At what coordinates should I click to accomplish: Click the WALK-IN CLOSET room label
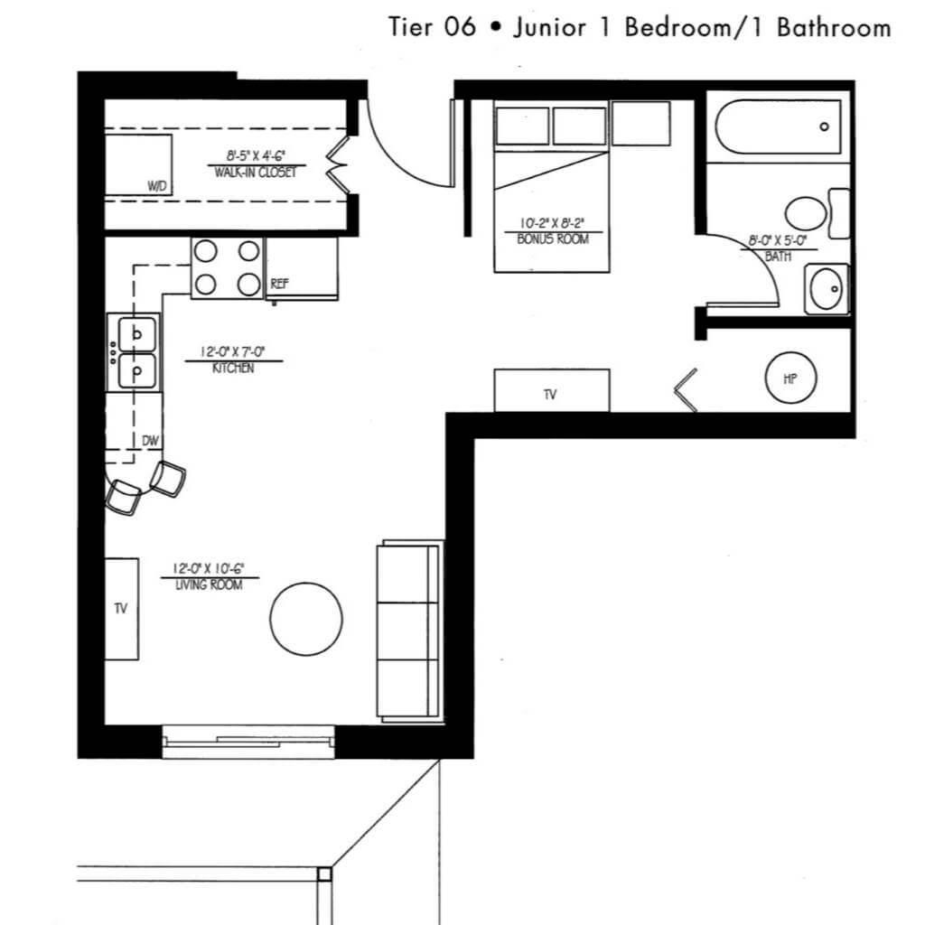pos(255,173)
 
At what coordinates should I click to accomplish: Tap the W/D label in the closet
pos(157,186)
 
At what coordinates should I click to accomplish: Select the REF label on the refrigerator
pos(280,284)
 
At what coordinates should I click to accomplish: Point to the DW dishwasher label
pos(151,441)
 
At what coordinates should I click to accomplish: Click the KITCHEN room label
pos(233,369)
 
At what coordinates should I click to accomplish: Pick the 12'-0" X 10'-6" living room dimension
pos(209,569)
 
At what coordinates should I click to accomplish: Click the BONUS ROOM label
pos(553,238)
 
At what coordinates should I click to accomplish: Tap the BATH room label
pos(778,257)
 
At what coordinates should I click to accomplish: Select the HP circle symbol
pos(790,378)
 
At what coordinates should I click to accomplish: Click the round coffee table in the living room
pos(306,619)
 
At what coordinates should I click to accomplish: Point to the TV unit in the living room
pos(122,609)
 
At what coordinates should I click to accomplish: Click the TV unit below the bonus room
pos(552,390)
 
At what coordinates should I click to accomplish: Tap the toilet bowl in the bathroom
pos(806,213)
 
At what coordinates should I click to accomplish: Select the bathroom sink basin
pos(826,289)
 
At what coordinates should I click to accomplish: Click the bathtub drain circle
pos(824,126)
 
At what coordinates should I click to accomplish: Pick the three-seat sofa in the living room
pos(410,631)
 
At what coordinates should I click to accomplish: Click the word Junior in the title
pos(550,28)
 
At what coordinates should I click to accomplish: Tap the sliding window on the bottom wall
pos(248,742)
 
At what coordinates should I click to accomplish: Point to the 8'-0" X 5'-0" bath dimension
pos(778,240)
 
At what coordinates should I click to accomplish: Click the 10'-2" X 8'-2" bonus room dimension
pos(552,224)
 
